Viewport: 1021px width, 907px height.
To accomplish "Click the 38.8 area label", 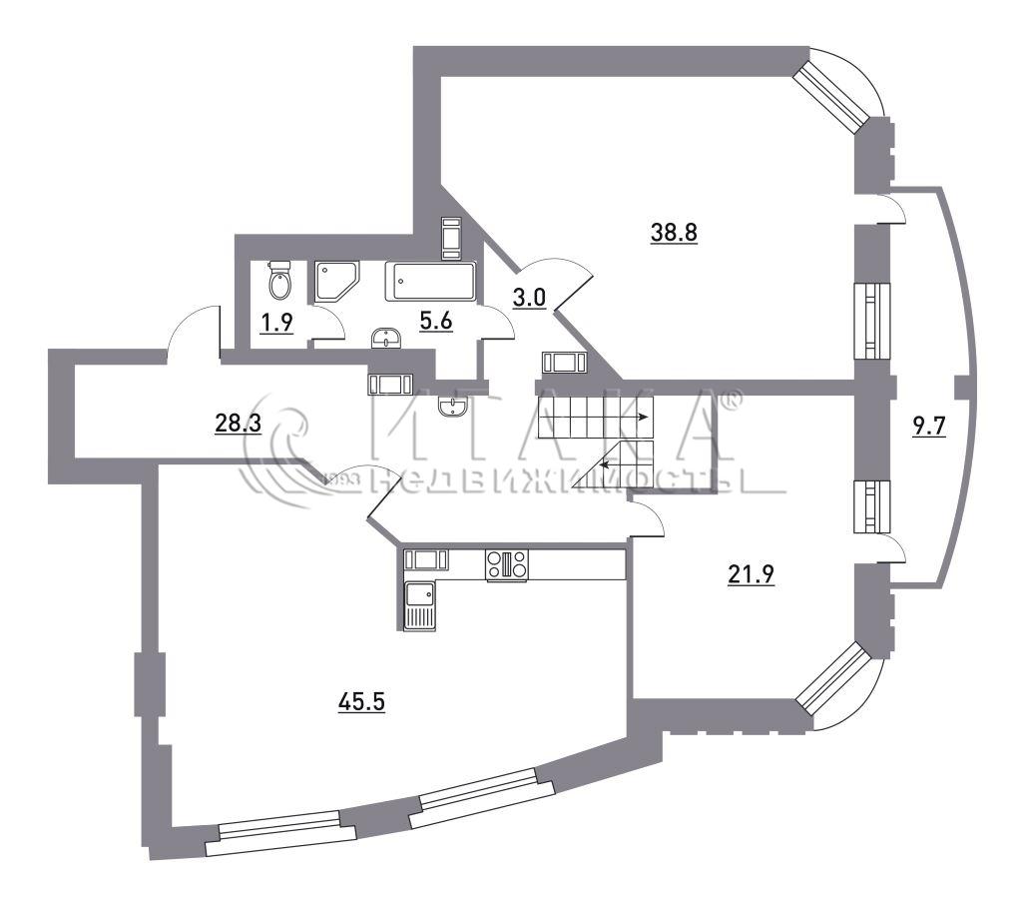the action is (674, 232).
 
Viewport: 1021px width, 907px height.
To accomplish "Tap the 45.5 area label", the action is (362, 702).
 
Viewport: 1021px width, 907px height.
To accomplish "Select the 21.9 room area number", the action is (751, 575).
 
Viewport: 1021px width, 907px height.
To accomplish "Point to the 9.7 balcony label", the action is (928, 428).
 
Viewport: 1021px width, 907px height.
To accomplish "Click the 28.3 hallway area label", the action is (238, 424).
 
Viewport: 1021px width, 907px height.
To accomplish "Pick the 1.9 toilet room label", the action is (276, 324).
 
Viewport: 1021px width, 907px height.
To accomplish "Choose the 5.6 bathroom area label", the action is (435, 321).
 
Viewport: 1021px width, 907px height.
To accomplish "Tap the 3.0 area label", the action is (528, 298).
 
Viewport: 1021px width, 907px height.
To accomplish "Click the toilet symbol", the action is (280, 280).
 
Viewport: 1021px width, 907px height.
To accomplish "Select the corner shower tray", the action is (336, 281).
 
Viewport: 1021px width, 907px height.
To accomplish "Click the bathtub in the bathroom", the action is (430, 282).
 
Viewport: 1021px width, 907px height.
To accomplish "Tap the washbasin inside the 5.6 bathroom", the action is (386, 339).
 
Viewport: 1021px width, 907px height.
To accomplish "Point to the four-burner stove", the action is (507, 565).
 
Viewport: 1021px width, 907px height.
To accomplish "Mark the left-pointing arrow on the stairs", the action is (625, 464).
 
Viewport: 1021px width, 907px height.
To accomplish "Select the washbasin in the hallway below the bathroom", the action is (452, 407).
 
